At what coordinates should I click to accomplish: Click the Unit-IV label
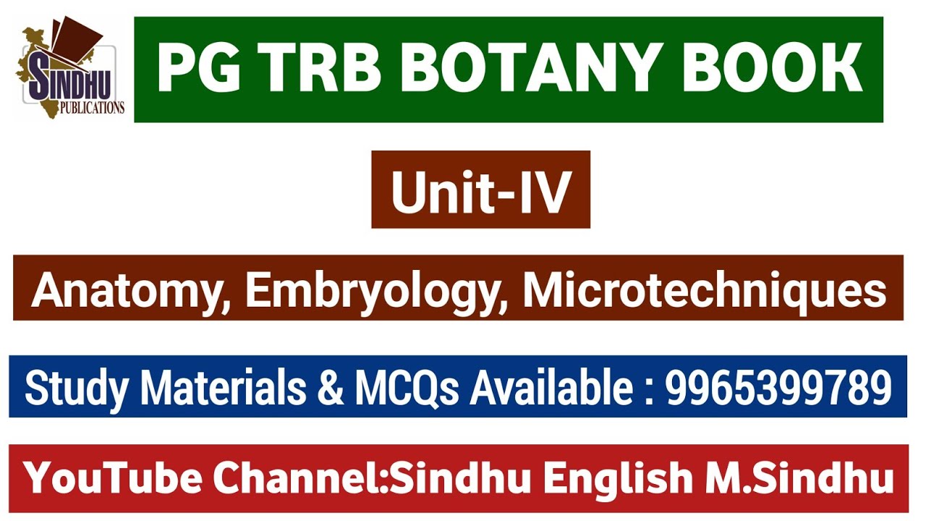click(480, 191)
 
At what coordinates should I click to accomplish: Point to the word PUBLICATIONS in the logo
click(93, 109)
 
